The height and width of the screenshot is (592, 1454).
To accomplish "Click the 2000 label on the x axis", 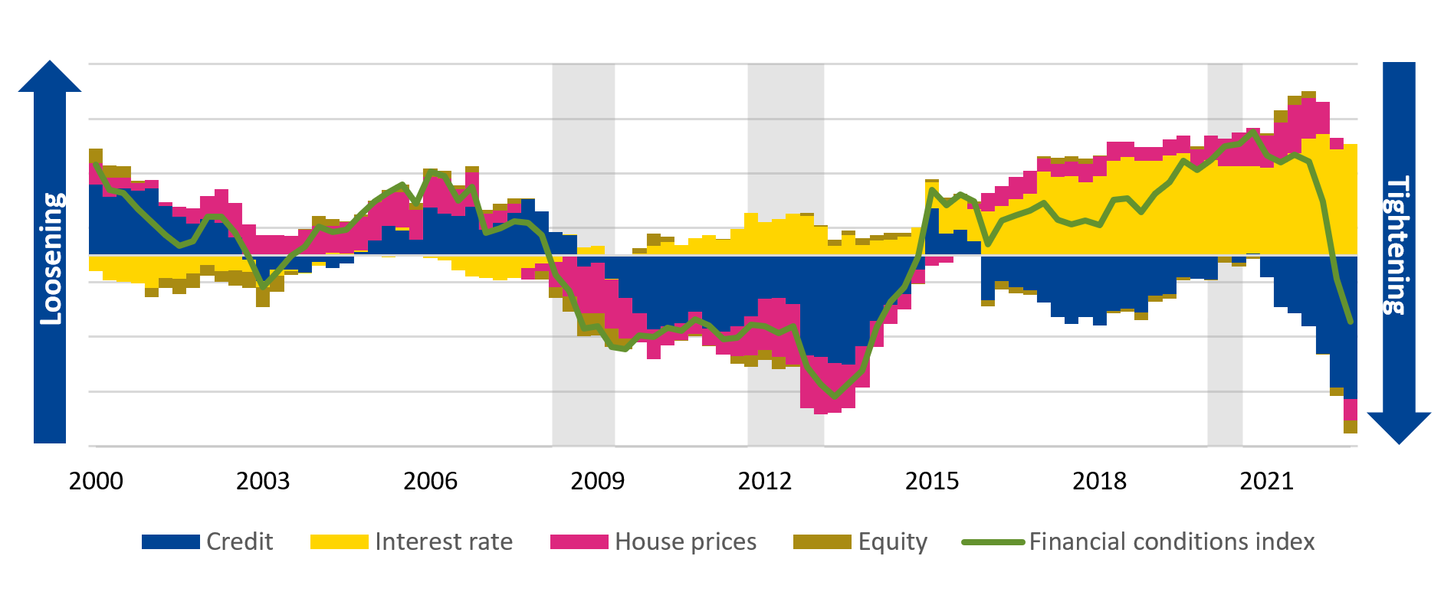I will click(96, 481).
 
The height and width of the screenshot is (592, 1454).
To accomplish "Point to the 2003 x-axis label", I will click(263, 481).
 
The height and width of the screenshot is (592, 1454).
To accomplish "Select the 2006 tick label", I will click(430, 481).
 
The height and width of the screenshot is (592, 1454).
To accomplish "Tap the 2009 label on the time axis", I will click(597, 481).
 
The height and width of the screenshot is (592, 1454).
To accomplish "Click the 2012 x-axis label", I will click(764, 481).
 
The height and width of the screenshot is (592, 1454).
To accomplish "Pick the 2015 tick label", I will click(932, 481).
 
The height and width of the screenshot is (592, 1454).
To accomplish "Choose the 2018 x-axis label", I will click(1099, 481).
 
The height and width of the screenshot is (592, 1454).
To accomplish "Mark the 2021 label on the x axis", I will click(1266, 481).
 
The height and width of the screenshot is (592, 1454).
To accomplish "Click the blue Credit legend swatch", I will click(170, 542).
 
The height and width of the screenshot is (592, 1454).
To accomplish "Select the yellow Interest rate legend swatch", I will click(339, 542).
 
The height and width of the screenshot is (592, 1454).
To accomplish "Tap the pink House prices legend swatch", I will click(579, 542).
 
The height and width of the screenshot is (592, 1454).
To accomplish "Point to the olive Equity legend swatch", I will click(822, 542).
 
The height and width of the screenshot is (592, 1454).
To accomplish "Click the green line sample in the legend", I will click(993, 542).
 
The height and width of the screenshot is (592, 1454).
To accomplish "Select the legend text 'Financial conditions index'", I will click(1171, 541).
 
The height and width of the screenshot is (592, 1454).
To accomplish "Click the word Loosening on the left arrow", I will click(51, 259).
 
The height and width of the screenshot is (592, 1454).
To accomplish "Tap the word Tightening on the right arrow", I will click(1399, 245).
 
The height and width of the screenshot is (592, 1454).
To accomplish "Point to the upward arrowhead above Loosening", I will click(50, 77).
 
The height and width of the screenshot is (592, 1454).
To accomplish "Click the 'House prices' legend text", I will click(685, 541).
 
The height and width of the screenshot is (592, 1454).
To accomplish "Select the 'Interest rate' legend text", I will click(444, 541).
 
